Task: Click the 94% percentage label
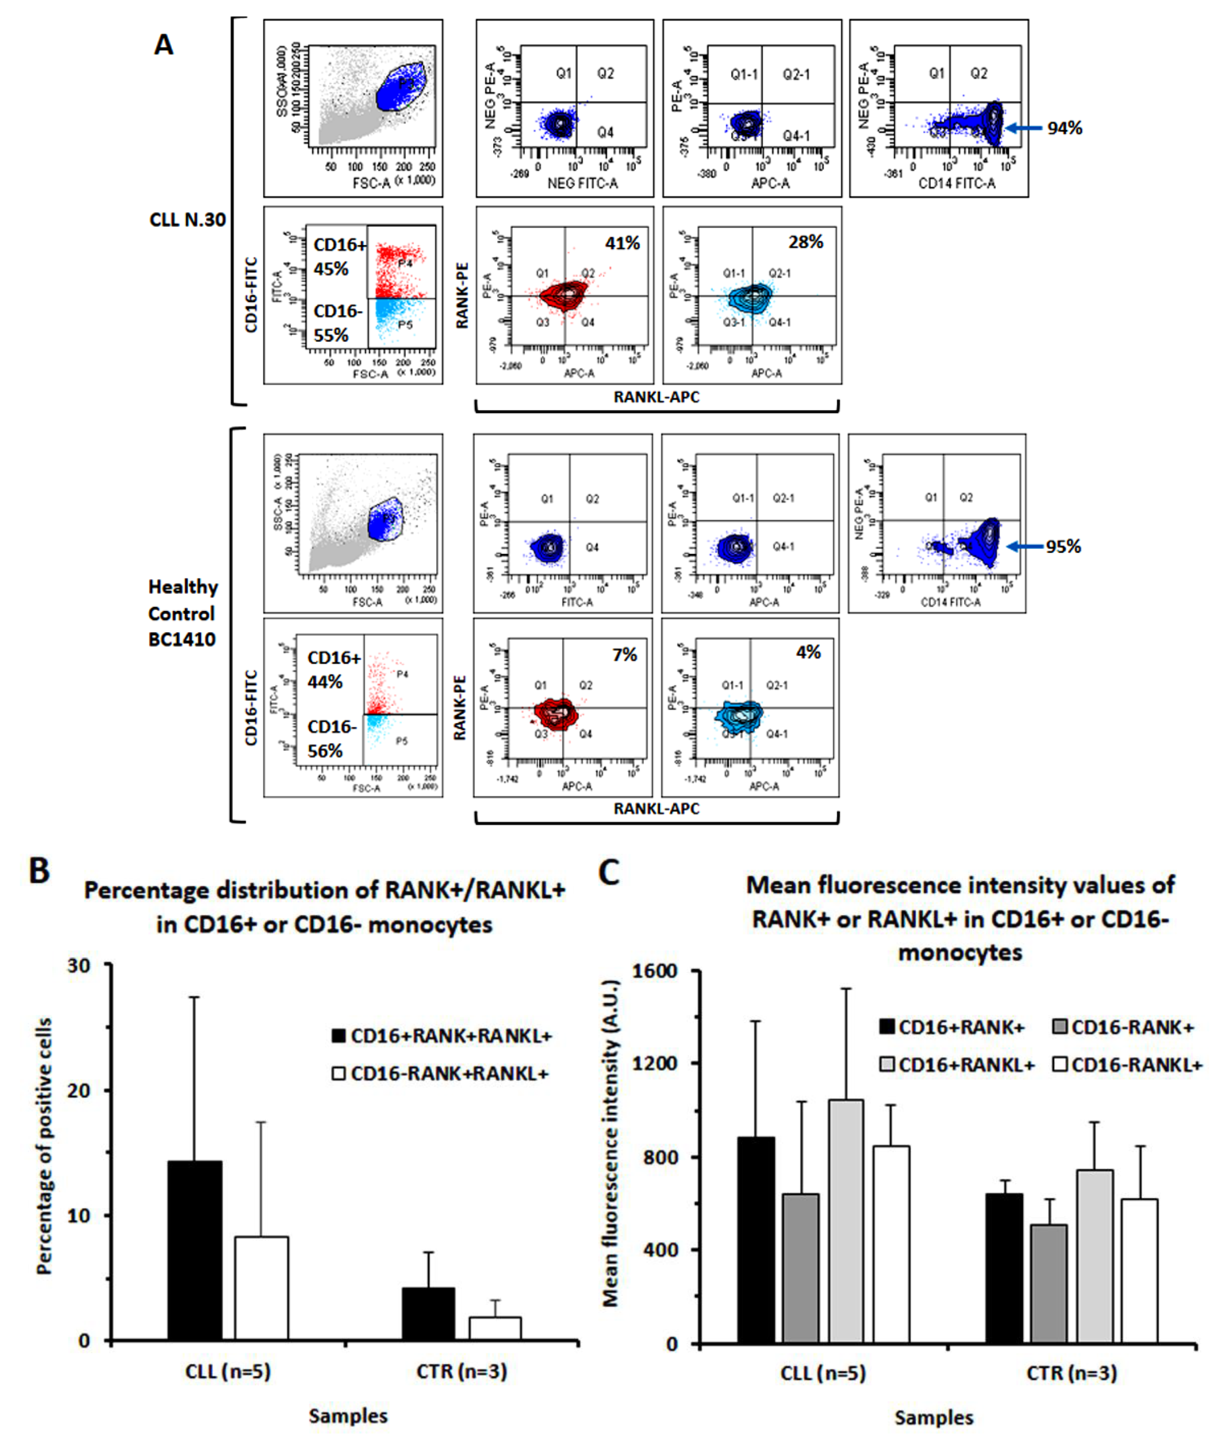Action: pyautogui.click(x=1064, y=128)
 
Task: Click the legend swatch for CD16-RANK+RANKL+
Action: pyautogui.click(x=339, y=1073)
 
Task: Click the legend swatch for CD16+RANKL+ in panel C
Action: pyautogui.click(x=887, y=1064)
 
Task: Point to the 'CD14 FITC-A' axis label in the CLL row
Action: pyautogui.click(x=956, y=183)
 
